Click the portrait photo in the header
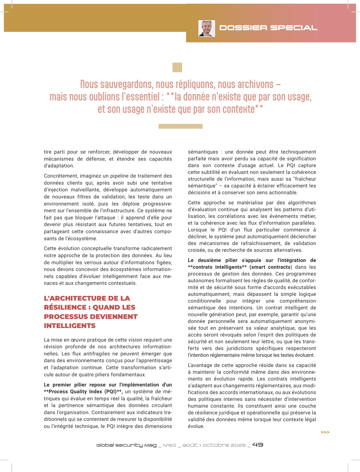(207, 29)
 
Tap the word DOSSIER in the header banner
(243, 28)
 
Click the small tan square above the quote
(177, 67)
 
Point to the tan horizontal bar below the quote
(180, 126)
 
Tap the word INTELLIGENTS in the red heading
(70, 326)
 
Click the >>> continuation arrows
(325, 432)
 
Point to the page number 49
(258, 445)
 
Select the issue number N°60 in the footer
(169, 445)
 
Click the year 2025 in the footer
(240, 445)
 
